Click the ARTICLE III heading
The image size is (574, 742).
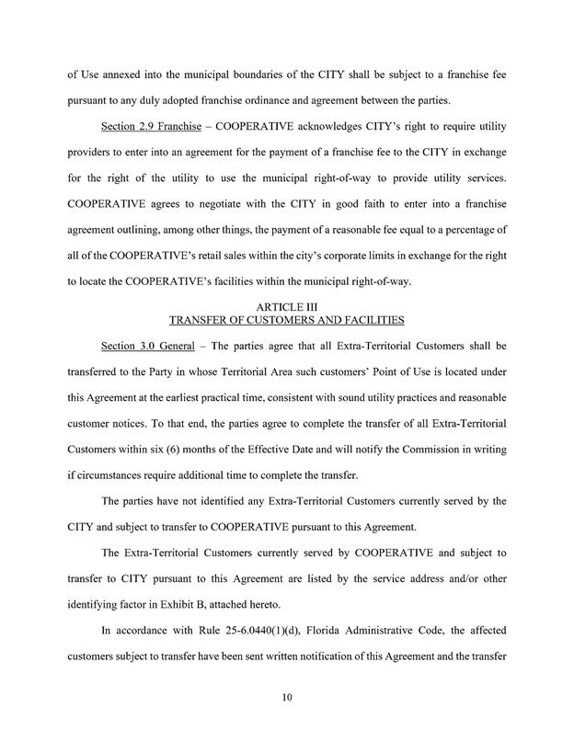[x=287, y=309]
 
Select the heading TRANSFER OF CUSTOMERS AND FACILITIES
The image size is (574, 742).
[x=287, y=322]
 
